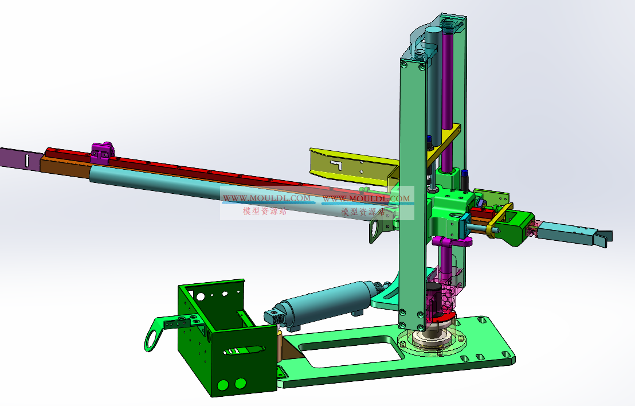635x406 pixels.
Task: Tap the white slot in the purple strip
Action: point(27,160)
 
